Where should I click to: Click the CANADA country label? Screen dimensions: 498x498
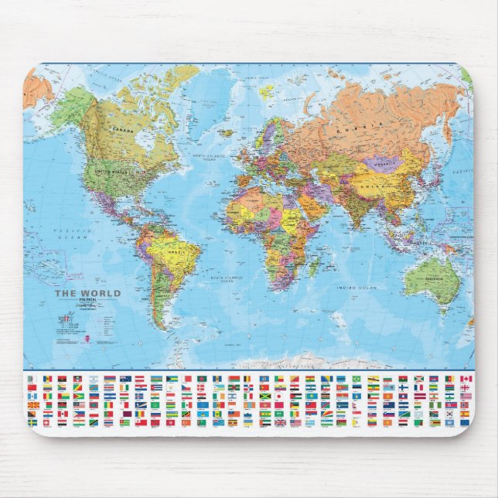[x=119, y=129]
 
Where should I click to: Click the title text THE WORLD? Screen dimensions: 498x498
[x=87, y=294]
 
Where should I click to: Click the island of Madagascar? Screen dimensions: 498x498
[x=314, y=267]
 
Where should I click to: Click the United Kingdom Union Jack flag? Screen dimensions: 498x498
[x=281, y=423]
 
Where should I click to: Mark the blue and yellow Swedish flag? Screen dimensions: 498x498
[x=32, y=423]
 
